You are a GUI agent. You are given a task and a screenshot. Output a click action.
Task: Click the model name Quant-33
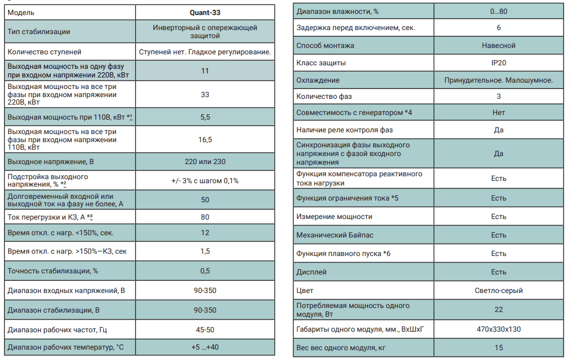tap(205, 12)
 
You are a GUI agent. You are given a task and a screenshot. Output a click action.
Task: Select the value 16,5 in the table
tap(205, 139)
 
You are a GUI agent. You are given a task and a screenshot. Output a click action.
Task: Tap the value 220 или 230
tap(205, 162)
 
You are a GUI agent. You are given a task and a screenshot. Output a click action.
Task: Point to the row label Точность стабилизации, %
tap(53, 270)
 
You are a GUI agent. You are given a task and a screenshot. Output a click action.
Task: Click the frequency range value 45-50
tap(205, 330)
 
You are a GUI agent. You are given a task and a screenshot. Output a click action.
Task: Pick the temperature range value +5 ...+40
tap(205, 347)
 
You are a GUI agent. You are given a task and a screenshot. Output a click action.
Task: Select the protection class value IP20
tap(498, 62)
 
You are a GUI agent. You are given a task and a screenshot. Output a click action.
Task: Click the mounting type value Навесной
tap(498, 45)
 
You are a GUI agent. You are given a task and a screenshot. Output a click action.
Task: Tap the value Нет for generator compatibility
tap(498, 112)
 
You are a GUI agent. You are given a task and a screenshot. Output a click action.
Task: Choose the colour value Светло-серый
tap(498, 291)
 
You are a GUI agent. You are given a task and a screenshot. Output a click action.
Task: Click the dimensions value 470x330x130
tap(498, 329)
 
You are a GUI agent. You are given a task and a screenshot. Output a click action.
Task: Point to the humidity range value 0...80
tap(498, 11)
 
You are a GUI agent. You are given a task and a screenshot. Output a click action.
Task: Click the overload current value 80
tap(205, 217)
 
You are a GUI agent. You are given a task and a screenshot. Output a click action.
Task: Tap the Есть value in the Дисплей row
tap(498, 272)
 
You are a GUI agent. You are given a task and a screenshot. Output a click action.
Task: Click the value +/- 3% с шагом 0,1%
tap(205, 180)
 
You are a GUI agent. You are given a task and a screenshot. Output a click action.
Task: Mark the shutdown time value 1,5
tap(205, 251)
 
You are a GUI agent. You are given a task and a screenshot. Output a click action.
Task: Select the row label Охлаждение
tap(318, 80)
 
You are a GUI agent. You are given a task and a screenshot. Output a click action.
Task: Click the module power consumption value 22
tap(498, 310)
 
